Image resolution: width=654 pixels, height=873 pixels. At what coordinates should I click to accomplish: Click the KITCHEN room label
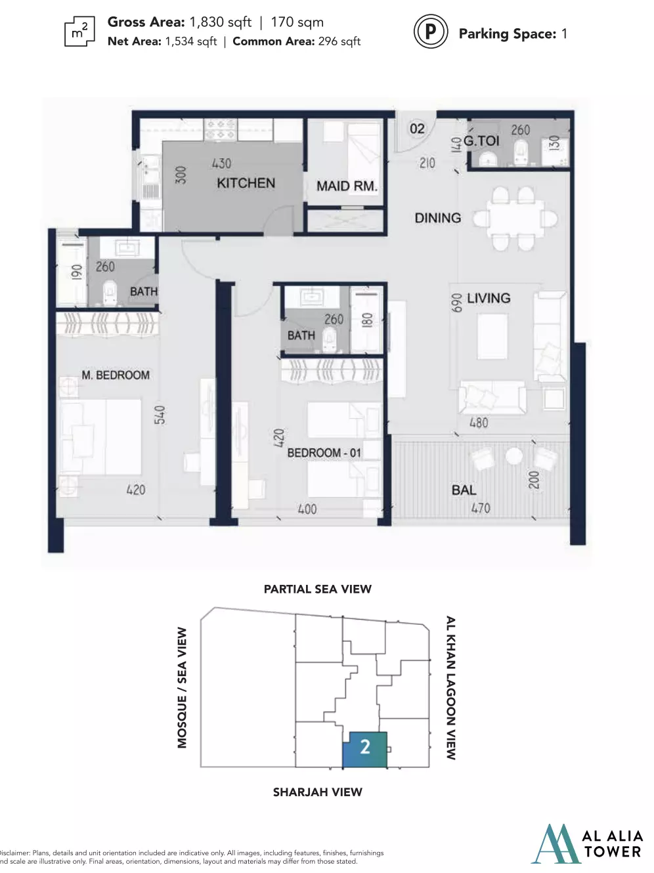point(246,183)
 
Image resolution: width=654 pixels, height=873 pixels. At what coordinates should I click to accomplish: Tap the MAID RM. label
point(347,186)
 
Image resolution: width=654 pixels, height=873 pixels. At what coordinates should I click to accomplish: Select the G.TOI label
point(481,140)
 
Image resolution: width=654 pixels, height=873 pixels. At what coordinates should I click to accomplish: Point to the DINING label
point(438,218)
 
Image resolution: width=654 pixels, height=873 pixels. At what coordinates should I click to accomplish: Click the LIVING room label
point(489,298)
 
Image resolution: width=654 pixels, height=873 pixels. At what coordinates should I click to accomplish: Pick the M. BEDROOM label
point(116,375)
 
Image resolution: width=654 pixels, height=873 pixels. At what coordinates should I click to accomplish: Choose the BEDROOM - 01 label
point(324,453)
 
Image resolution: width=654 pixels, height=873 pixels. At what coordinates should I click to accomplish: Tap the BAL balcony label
point(464,490)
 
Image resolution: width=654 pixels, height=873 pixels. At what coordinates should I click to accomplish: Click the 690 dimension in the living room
point(456,303)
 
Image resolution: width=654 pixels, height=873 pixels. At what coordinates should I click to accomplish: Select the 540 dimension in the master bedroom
point(160,415)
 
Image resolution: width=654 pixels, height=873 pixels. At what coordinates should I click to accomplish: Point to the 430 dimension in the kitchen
point(221,163)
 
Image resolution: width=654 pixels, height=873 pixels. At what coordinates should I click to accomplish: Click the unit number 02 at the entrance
point(417,129)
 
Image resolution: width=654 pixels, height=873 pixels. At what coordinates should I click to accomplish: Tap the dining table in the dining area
point(516,219)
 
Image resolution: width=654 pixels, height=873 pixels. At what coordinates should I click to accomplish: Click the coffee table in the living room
point(492,336)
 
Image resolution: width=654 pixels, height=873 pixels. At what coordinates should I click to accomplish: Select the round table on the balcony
point(513,456)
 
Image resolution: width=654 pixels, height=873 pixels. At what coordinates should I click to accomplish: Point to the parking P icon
point(431,31)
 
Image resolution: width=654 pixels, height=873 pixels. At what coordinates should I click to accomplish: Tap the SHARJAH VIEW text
point(317,792)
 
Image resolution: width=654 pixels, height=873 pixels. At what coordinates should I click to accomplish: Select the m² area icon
point(79,32)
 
